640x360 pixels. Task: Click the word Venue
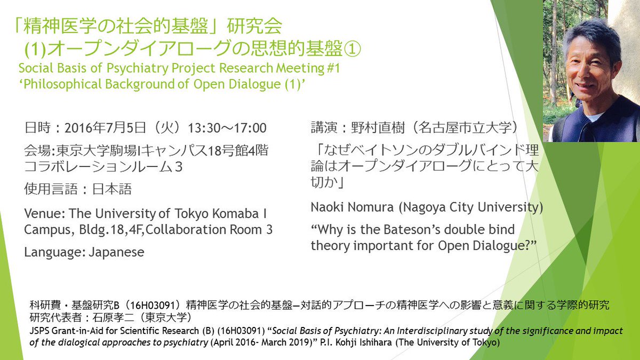(42, 214)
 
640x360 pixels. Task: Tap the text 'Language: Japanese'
(84, 252)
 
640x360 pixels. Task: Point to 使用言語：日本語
(78, 189)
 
